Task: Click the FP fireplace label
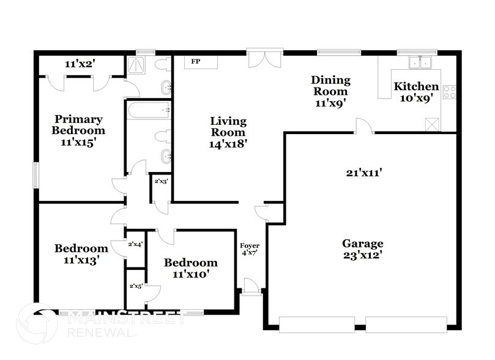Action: tap(196, 62)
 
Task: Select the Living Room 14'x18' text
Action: tap(228, 132)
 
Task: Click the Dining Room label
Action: tap(330, 91)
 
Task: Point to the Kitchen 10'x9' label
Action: tap(415, 92)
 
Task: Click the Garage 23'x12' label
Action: tap(362, 249)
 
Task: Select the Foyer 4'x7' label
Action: tap(250, 249)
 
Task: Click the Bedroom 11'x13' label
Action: tap(81, 253)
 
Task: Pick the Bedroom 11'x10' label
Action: tap(190, 268)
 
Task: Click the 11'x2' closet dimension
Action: tap(82, 63)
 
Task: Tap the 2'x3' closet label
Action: tap(161, 181)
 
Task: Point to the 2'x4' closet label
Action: tap(135, 244)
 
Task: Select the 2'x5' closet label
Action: tap(135, 285)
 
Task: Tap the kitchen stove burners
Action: tap(450, 92)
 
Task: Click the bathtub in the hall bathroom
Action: tap(148, 111)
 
